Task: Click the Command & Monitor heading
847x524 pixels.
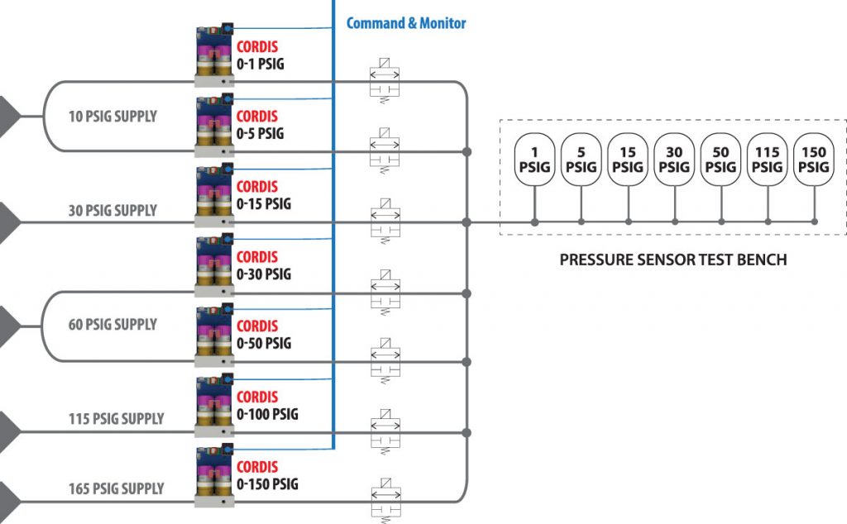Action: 405,23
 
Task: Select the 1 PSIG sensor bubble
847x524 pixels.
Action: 534,159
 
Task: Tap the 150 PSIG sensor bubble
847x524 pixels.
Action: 814,159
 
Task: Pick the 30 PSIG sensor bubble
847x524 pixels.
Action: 674,159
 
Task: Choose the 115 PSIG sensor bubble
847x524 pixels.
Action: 768,159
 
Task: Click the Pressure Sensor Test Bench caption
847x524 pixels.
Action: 672,260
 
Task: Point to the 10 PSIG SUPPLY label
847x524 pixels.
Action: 112,117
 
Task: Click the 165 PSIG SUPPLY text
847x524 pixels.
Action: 116,489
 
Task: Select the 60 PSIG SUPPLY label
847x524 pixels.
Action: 112,325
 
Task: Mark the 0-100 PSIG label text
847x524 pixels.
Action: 267,413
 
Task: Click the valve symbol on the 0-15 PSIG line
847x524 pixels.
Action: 384,222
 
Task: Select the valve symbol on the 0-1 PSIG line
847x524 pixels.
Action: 384,81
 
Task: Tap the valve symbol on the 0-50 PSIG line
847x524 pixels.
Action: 384,361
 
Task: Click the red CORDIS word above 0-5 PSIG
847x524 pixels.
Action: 256,117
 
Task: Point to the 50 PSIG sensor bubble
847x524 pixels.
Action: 721,159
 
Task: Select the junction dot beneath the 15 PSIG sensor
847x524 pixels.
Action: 628,222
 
